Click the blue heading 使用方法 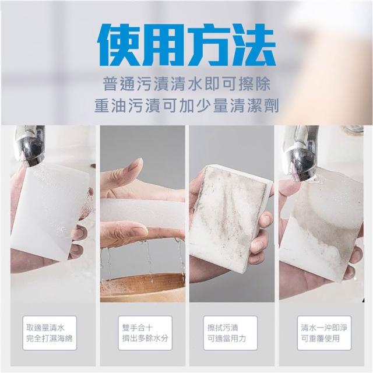186,45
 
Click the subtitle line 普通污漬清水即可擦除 186,83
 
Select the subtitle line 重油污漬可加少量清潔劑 186,105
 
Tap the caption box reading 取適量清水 50,333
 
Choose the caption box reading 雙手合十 145,333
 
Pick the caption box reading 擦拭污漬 230,333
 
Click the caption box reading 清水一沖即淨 324,333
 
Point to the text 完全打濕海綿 49,338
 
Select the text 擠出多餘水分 145,338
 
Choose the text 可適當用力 227,338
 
